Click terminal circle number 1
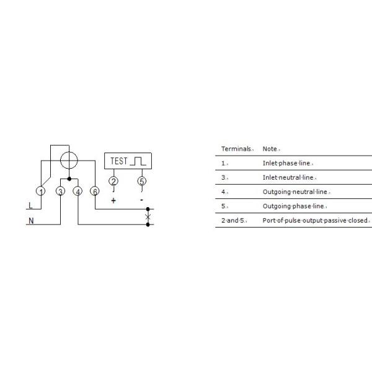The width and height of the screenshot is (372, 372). click(x=40, y=191)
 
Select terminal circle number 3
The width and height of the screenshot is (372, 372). click(x=61, y=191)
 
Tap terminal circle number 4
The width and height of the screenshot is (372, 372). click(x=78, y=191)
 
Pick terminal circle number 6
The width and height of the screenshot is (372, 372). click(x=95, y=191)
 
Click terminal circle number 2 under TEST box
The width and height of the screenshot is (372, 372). click(x=113, y=181)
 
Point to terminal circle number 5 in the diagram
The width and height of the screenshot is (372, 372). click(x=142, y=181)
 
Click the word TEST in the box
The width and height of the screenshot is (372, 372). click(x=119, y=161)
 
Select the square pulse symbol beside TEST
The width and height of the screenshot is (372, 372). click(x=138, y=161)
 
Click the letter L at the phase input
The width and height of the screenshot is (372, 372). click(x=30, y=205)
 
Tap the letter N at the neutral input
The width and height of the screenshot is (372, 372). click(x=31, y=221)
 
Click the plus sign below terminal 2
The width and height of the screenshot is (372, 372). click(x=113, y=201)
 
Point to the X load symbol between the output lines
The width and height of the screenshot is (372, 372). click(x=148, y=217)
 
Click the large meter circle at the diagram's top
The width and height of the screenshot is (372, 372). click(x=69, y=160)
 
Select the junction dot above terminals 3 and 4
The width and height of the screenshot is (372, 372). click(x=69, y=179)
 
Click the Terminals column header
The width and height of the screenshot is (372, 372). click(x=236, y=149)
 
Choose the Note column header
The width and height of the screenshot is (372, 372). click(x=270, y=149)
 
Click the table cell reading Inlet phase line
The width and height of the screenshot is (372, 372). click(x=286, y=163)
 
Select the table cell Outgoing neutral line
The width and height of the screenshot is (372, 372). click(x=295, y=192)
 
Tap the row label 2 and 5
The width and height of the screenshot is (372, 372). click(x=232, y=220)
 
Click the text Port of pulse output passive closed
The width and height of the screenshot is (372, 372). click(x=315, y=220)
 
